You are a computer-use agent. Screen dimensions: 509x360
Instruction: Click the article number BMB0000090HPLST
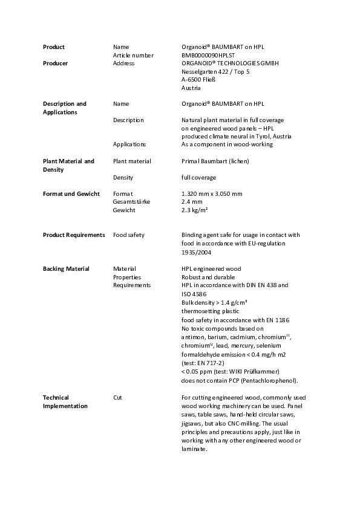coord(206,55)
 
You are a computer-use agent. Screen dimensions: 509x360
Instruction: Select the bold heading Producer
coord(55,63)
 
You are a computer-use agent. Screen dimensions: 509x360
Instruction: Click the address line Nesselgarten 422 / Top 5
coord(215,71)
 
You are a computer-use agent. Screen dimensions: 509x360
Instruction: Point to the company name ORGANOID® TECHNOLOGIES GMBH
coord(230,63)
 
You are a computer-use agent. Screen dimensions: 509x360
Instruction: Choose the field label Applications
coord(129,144)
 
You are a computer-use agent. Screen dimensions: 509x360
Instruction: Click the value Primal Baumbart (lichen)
coord(215,161)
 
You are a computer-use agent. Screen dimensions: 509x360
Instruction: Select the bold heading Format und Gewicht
coord(71,193)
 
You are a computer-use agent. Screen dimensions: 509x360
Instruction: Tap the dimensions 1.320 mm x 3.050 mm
coord(212,193)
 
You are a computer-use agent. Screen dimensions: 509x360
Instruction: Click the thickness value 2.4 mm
coord(192,202)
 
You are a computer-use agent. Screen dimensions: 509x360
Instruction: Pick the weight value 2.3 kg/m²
coord(195,210)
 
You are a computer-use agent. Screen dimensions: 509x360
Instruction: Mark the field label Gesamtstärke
coord(131,202)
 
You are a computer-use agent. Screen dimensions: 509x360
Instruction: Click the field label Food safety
coord(128,235)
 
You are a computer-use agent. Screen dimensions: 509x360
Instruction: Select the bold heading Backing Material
coord(65,268)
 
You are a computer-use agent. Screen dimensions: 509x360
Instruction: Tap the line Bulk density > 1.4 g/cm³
coord(214,302)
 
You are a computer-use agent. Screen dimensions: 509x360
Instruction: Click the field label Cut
coord(117,397)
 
